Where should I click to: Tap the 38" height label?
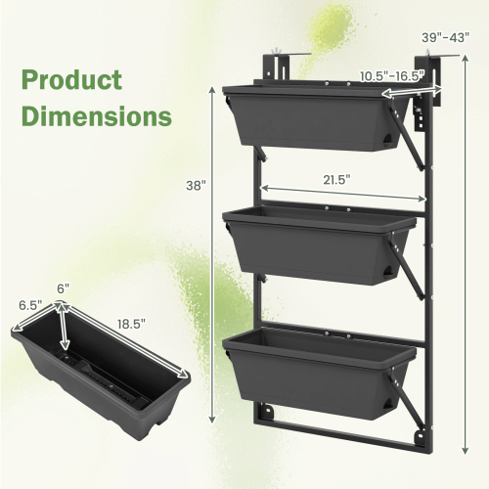[x=196, y=184]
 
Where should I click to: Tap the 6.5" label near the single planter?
[x=29, y=305]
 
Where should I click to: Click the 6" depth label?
[x=63, y=289]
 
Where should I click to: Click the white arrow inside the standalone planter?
[x=65, y=327]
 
